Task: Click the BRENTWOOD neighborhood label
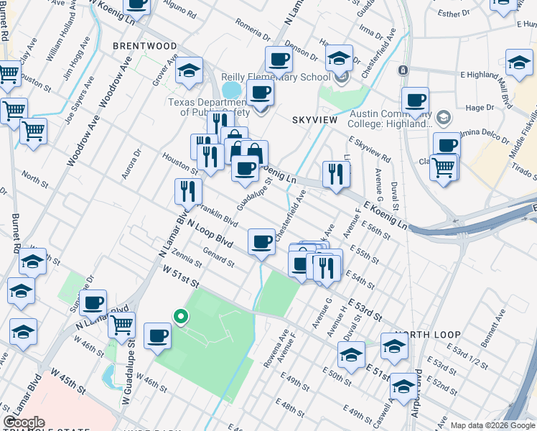coord(144,45)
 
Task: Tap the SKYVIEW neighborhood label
coord(314,119)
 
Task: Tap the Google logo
coord(24,422)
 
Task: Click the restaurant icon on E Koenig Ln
coord(336,174)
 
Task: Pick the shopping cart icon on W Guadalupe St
coord(121,325)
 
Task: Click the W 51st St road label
coord(179,277)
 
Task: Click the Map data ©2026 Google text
coord(492,425)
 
